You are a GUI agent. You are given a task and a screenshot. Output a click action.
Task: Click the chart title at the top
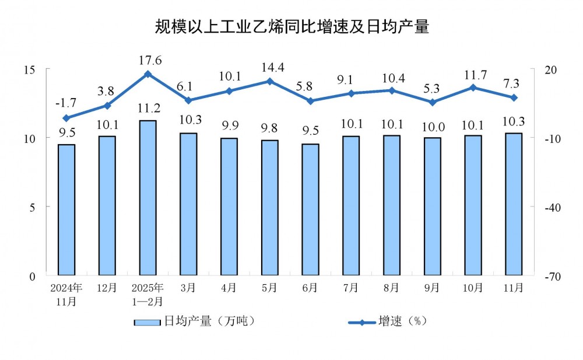pyautogui.click(x=291, y=26)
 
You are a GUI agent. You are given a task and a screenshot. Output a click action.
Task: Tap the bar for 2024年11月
pyautogui.click(x=66, y=209)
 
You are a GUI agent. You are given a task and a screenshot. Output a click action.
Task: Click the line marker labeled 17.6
pyautogui.click(x=147, y=74)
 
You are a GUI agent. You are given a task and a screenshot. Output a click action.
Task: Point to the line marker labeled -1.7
pyautogui.click(x=66, y=118)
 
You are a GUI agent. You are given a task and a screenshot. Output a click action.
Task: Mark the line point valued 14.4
pyautogui.click(x=269, y=81)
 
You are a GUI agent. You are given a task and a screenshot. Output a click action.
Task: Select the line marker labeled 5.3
pyautogui.click(x=432, y=102)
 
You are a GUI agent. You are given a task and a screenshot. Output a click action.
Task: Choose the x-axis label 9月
pyautogui.click(x=432, y=288)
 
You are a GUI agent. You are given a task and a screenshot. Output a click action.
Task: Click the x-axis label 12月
pyautogui.click(x=107, y=288)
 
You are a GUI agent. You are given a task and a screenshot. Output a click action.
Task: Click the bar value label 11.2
pyautogui.click(x=147, y=109)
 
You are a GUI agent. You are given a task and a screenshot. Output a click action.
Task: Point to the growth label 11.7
pyautogui.click(x=473, y=74)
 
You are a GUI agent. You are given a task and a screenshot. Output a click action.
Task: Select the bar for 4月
pyautogui.click(x=229, y=207)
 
